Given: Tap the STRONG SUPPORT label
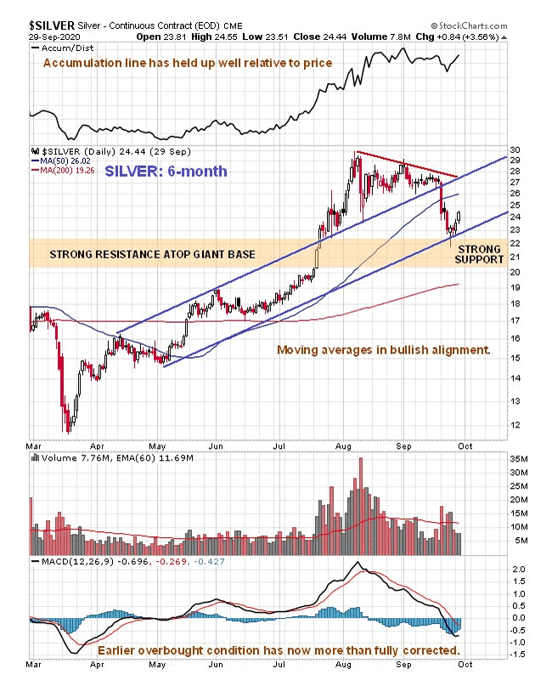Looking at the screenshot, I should (x=481, y=253).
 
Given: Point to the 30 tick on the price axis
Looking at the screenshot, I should (x=513, y=150).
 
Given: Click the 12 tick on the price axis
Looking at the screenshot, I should (x=513, y=424).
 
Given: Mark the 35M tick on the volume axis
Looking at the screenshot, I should (x=515, y=458).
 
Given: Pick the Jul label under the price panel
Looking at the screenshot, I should (x=279, y=444).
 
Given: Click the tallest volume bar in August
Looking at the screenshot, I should (x=361, y=507).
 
